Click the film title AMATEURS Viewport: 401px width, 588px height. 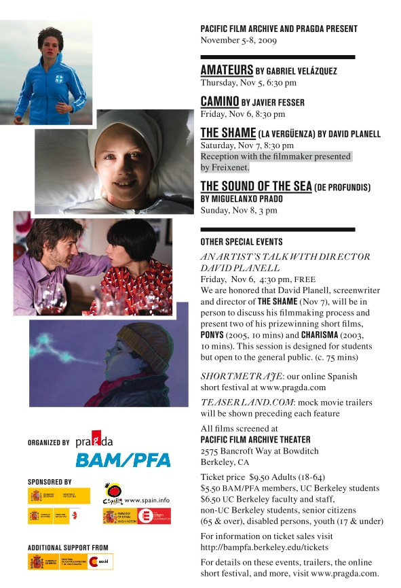point(227,71)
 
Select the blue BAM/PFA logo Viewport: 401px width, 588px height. point(123,460)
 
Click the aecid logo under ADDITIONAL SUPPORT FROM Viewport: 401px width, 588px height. point(100,562)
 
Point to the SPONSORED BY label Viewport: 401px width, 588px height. point(50,481)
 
